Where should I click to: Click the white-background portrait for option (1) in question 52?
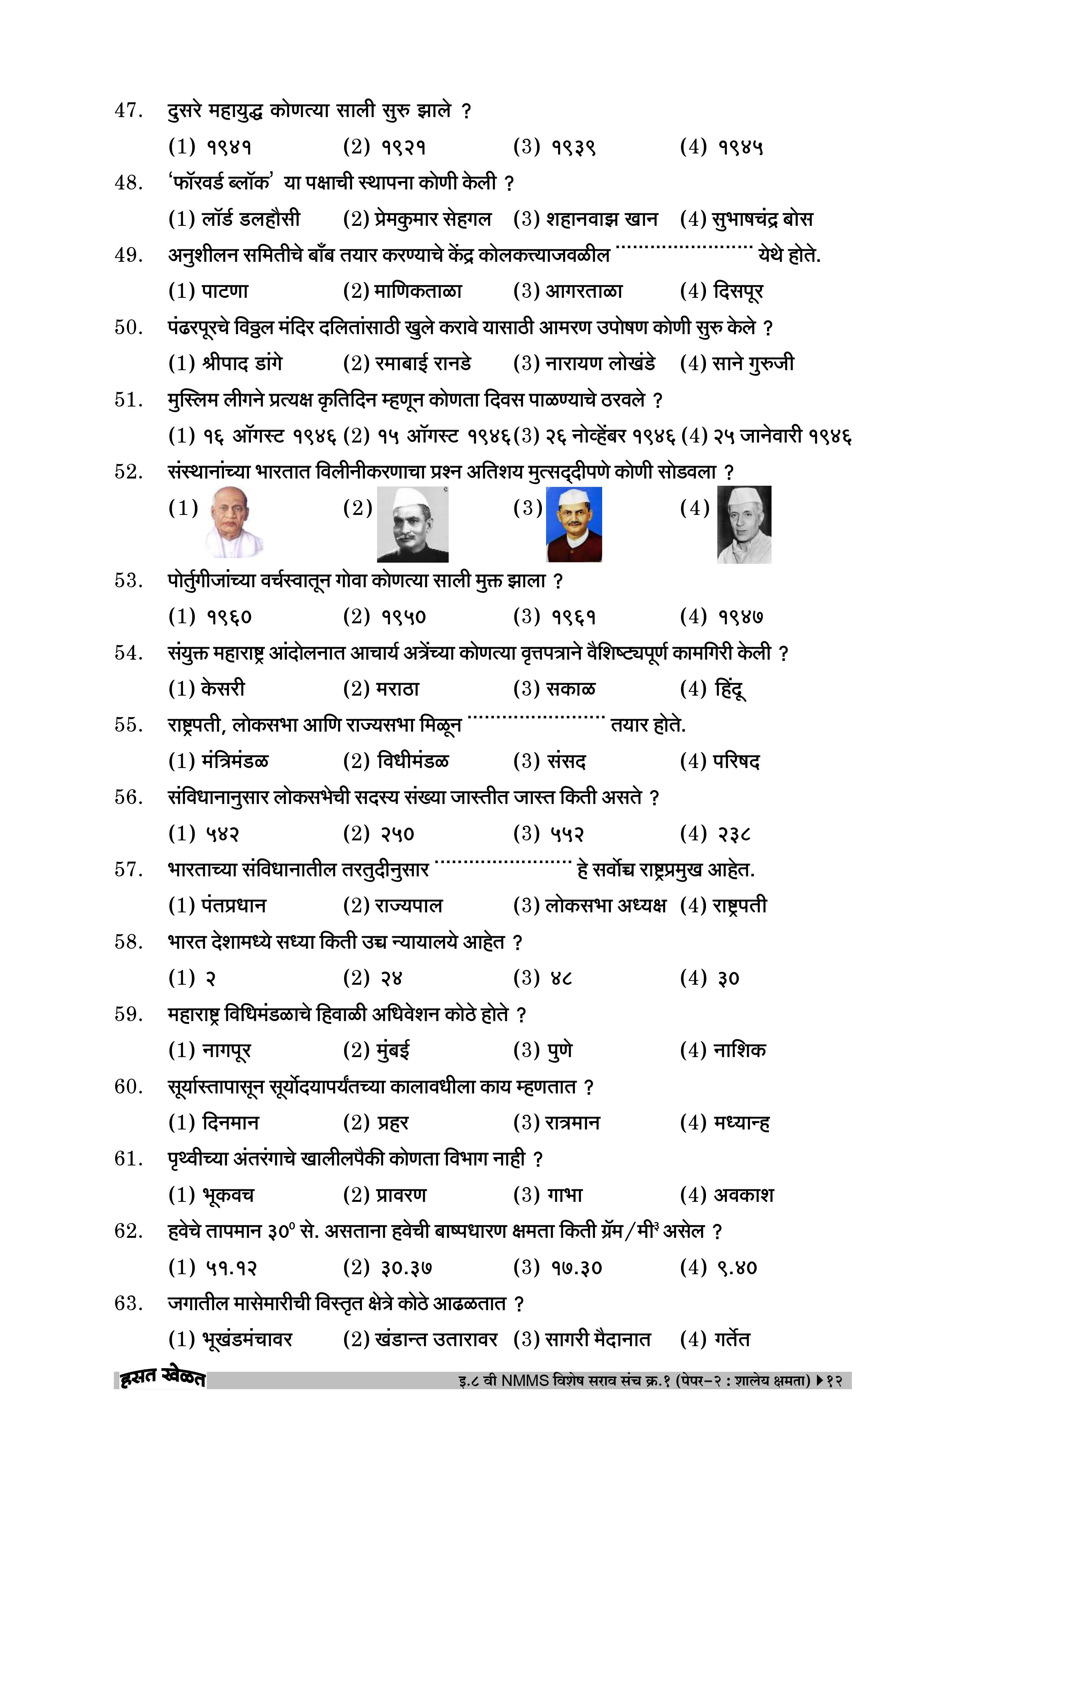[x=230, y=522]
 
